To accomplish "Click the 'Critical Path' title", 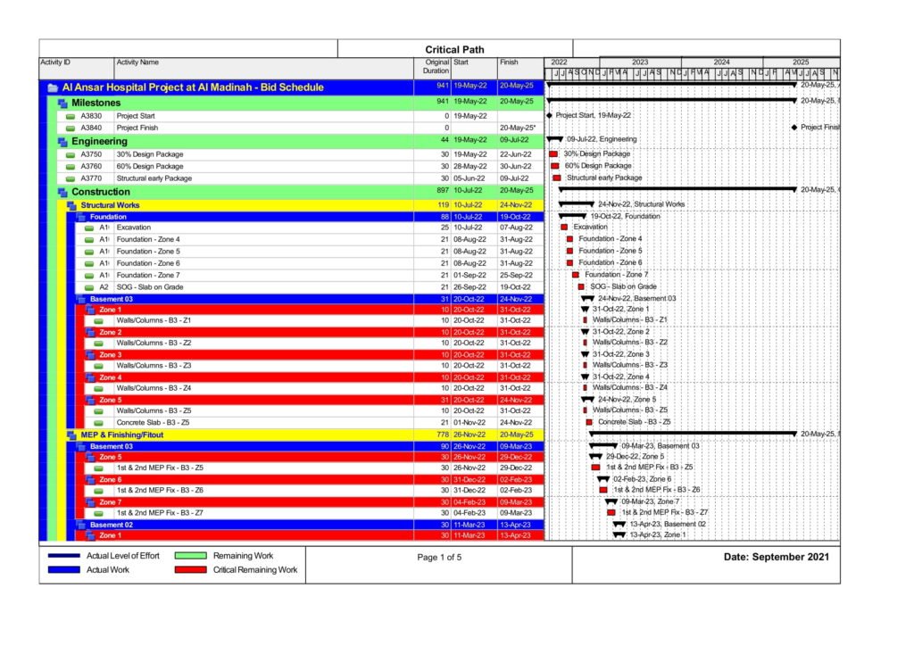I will pyautogui.click(x=454, y=50).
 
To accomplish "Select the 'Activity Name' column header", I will pyautogui.click(x=137, y=62).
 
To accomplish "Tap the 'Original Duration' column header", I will pyautogui.click(x=436, y=67).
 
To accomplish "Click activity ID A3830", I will pyautogui.click(x=91, y=116).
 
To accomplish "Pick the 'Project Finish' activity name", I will pyautogui.click(x=136, y=128).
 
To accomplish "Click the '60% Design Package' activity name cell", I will pyautogui.click(x=150, y=166).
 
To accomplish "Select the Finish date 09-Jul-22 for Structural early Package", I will pyautogui.click(x=515, y=178).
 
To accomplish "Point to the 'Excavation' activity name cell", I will pyautogui.click(x=134, y=228).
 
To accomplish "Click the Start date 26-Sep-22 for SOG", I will pyautogui.click(x=469, y=287).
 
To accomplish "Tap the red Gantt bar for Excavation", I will pyautogui.click(x=564, y=228).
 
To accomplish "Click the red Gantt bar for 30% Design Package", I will pyautogui.click(x=553, y=154).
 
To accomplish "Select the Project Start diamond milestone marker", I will pyautogui.click(x=549, y=116).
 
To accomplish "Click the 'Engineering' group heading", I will pyautogui.click(x=100, y=141).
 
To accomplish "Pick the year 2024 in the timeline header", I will pyautogui.click(x=721, y=62).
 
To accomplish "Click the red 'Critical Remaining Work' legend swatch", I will pyautogui.click(x=191, y=569).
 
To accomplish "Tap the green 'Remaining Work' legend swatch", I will pyautogui.click(x=191, y=556).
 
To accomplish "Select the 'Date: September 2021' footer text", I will pyautogui.click(x=776, y=557).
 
